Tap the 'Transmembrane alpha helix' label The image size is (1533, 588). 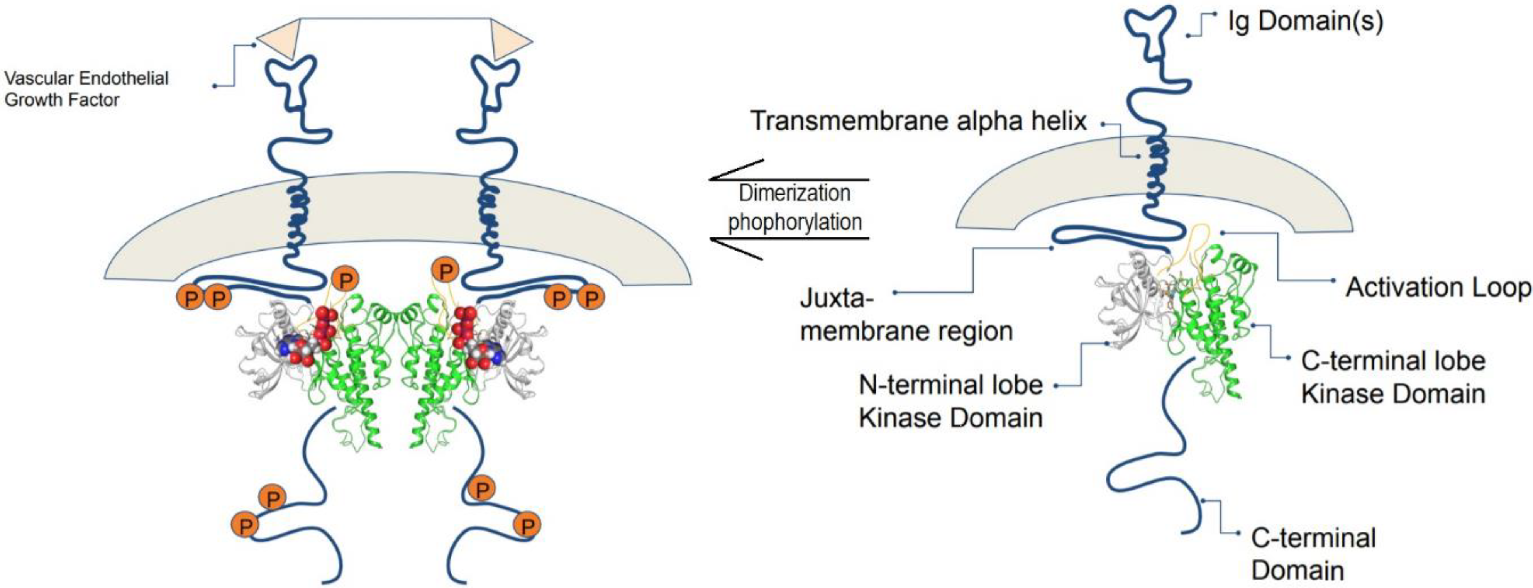tap(918, 121)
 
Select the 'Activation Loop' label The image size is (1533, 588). tap(1438, 288)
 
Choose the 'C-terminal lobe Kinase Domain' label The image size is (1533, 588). tap(1392, 377)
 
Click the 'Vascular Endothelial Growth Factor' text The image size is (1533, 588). tap(86, 89)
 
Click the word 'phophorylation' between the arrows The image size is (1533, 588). tap(794, 222)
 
